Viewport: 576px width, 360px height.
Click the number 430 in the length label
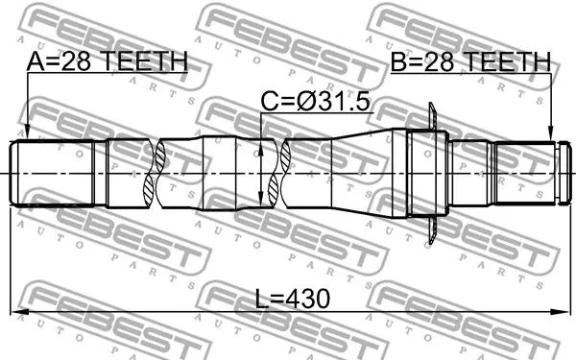(306, 299)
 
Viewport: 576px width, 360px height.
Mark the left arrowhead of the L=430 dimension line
(17, 311)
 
